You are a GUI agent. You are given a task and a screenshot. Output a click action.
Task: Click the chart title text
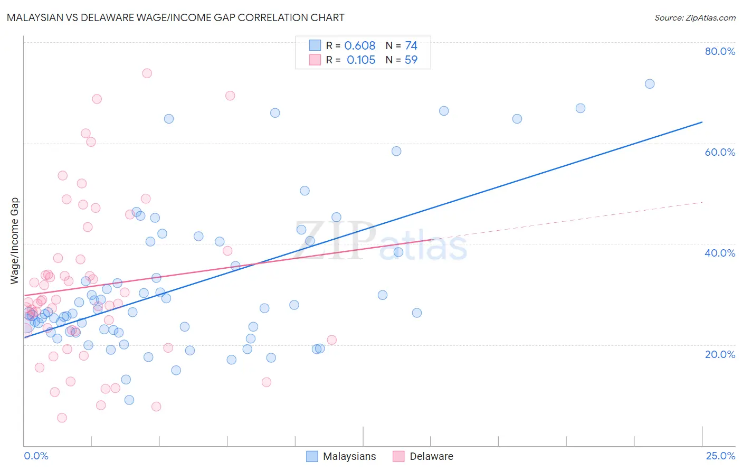(175, 17)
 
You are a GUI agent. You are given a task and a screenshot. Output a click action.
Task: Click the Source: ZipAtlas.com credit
(695, 17)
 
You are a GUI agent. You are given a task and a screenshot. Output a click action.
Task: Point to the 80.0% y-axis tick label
(720, 51)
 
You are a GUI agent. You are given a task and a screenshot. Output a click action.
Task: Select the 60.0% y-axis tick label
(720, 152)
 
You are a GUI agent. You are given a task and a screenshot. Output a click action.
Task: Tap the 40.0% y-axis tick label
(720, 253)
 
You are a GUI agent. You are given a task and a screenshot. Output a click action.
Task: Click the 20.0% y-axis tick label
(720, 354)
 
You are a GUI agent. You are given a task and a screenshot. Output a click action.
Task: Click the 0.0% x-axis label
(36, 456)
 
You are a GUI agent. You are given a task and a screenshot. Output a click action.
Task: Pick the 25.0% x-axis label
(720, 456)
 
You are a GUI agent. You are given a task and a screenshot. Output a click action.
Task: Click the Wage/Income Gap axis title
(15, 241)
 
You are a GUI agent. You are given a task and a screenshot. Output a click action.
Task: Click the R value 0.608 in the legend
(359, 46)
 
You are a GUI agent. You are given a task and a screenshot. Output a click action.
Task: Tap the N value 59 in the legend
(411, 60)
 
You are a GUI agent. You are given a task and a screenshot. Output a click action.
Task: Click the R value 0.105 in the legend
(361, 60)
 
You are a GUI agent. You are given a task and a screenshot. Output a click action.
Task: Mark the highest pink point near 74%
(147, 73)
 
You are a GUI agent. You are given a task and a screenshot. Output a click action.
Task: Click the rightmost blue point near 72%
(650, 84)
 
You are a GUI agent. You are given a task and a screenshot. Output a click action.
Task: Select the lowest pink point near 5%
(62, 418)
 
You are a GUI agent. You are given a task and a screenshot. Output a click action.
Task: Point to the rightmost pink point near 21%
(331, 340)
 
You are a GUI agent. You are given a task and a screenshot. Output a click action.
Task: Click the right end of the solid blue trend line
(702, 122)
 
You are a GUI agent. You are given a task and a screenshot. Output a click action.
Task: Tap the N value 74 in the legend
(411, 46)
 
